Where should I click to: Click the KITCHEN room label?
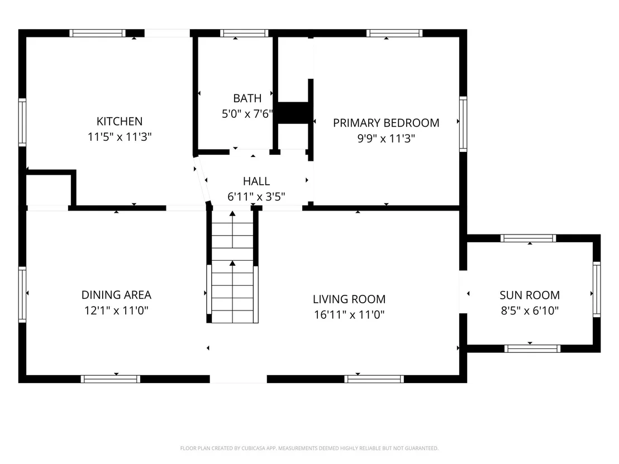[120, 121]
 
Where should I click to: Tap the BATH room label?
[247, 98]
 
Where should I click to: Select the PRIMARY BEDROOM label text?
[386, 123]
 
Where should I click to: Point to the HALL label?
[256, 181]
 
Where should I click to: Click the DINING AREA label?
[116, 295]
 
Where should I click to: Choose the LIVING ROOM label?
[349, 299]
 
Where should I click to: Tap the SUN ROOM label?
[530, 295]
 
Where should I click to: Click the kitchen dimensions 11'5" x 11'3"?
[120, 137]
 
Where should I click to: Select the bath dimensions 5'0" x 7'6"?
[247, 114]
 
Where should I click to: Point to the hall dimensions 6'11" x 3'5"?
[256, 197]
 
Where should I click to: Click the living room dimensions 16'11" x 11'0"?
[349, 314]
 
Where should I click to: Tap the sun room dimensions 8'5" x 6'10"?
[530, 310]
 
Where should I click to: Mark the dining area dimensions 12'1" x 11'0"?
[116, 310]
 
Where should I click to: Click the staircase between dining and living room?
[232, 267]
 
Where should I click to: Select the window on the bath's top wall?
[244, 33]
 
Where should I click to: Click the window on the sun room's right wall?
[597, 289]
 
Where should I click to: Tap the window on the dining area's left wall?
[22, 294]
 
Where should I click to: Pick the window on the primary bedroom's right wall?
[463, 124]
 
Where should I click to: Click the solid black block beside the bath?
[293, 113]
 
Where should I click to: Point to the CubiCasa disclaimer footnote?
[309, 448]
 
